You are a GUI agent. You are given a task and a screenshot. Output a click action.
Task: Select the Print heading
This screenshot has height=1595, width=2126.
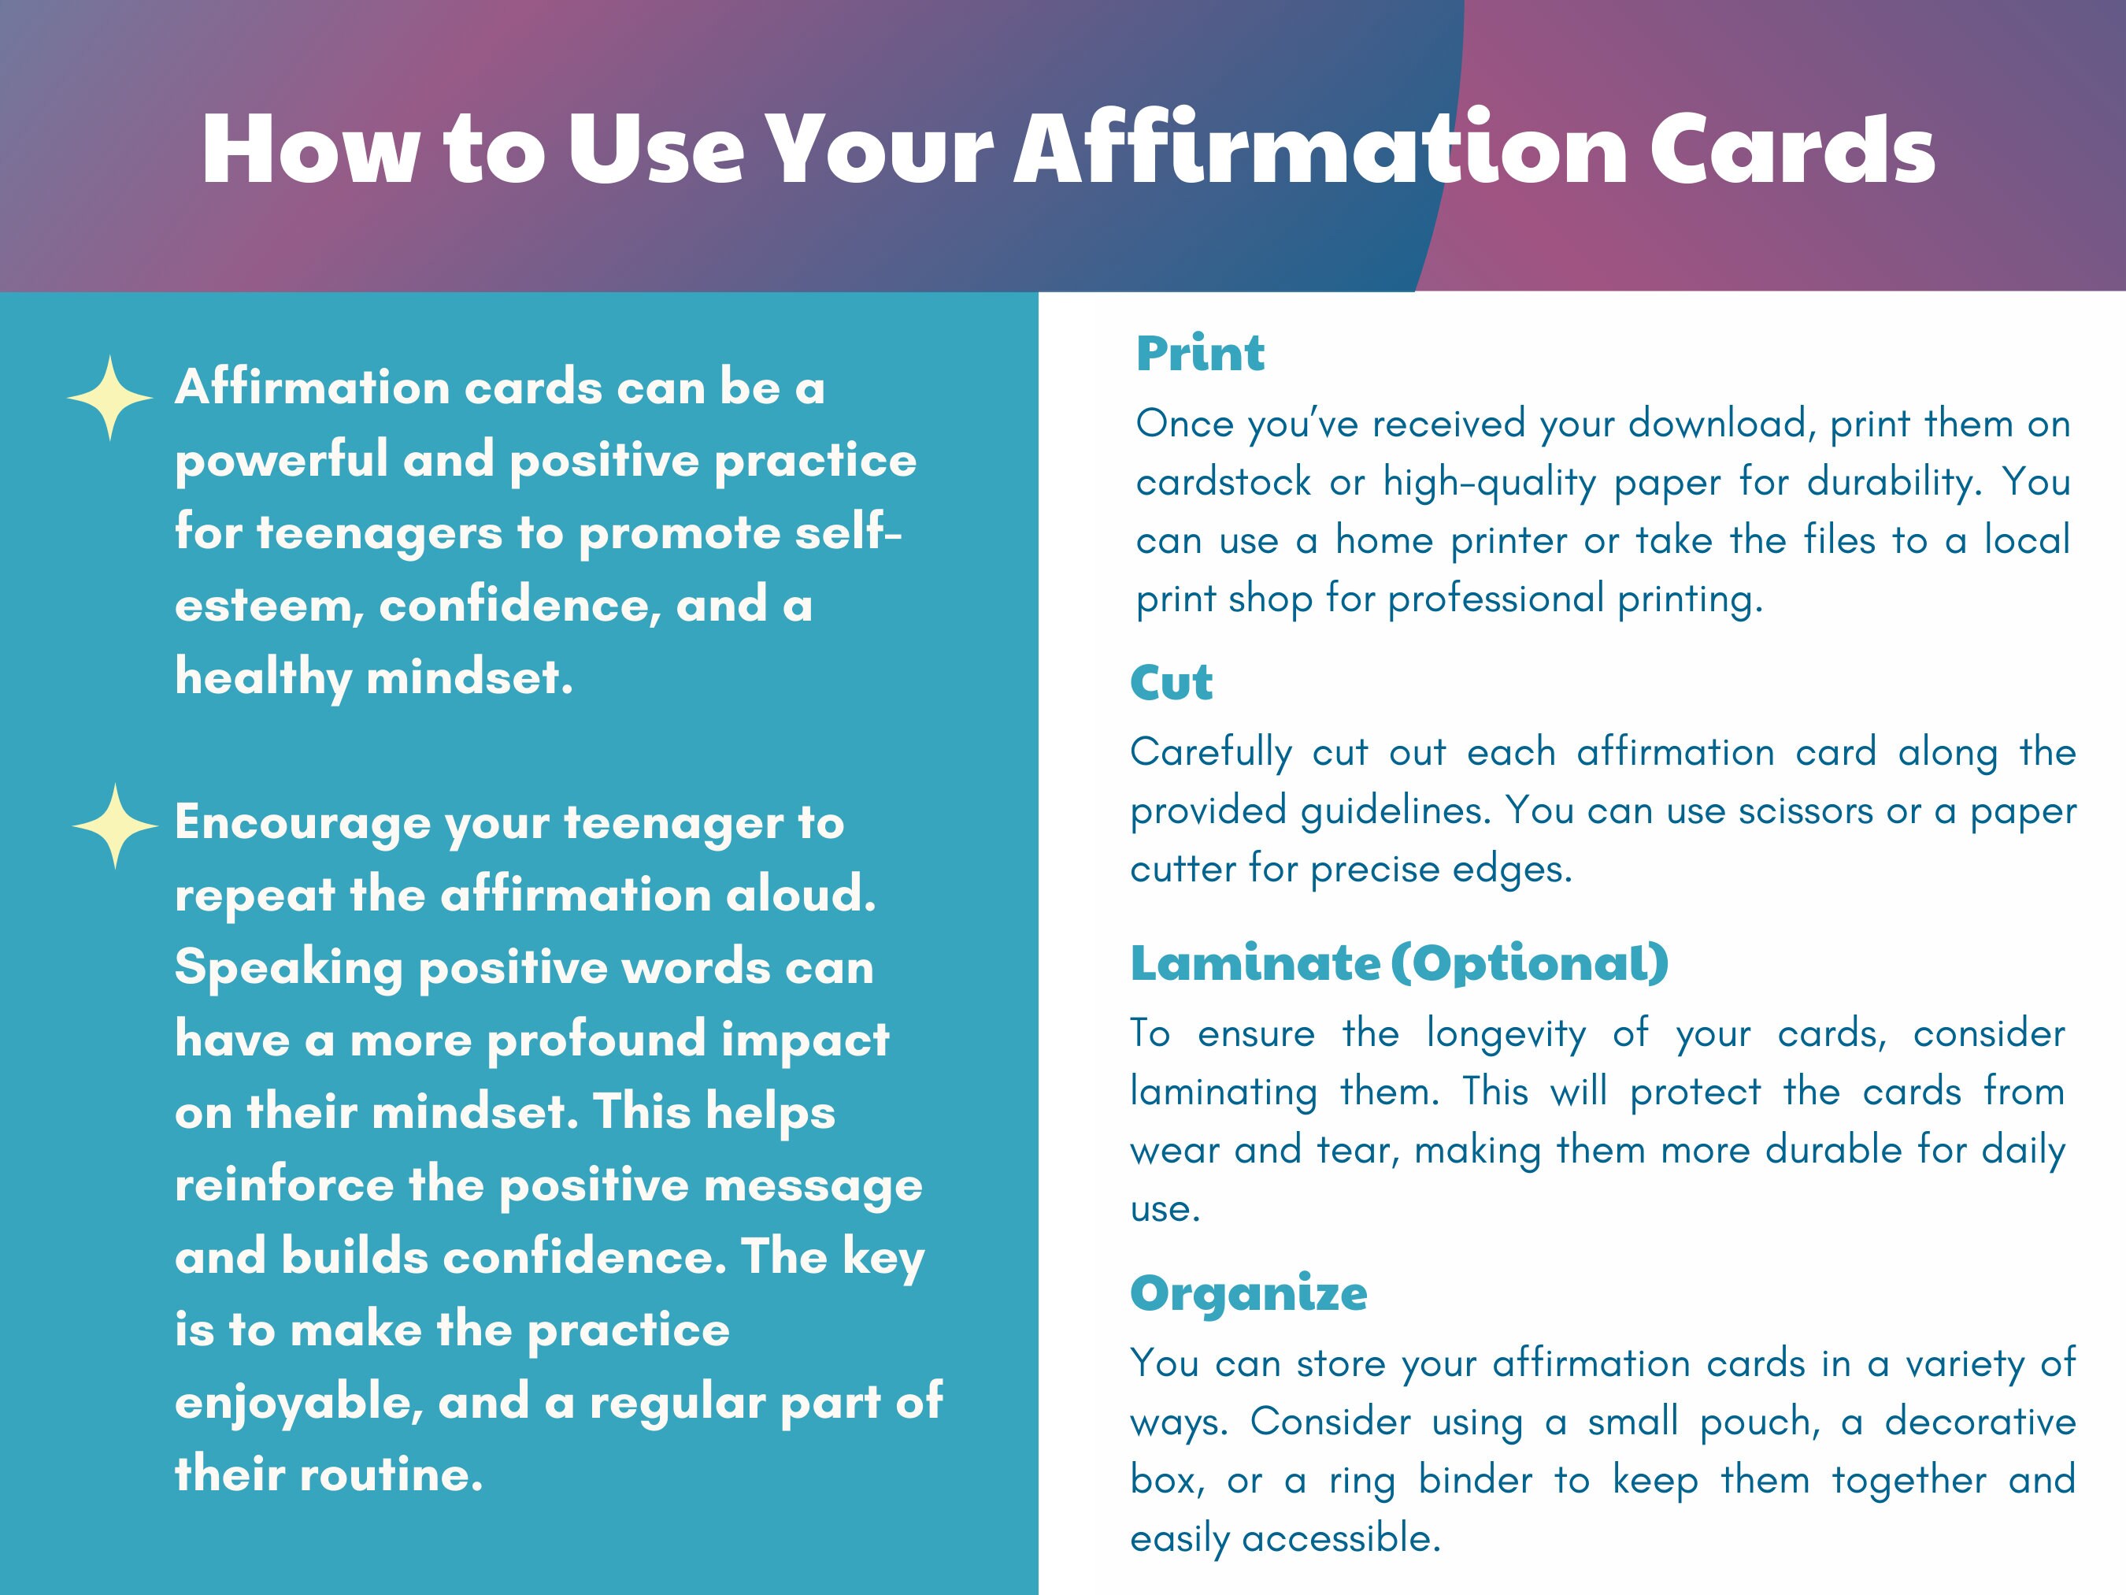(1199, 353)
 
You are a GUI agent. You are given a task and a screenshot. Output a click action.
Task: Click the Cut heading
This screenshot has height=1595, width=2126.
(1171, 683)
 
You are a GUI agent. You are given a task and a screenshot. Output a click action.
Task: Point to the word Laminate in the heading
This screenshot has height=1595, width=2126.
(1255, 963)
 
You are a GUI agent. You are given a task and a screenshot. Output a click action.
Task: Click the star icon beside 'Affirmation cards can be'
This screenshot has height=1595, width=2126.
(109, 398)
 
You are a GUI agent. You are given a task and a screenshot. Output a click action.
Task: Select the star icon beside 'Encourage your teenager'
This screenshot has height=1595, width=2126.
(114, 826)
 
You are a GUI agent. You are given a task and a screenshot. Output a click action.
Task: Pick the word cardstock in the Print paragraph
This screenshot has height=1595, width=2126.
(1223, 482)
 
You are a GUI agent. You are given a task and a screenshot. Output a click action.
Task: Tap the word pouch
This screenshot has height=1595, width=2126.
(1759, 1421)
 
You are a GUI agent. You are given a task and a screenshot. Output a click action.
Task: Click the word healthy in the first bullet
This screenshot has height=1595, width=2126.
(262, 678)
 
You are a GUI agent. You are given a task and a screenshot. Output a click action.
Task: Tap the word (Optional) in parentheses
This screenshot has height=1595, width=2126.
(1530, 963)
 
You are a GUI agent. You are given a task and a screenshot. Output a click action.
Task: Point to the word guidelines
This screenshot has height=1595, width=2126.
(1394, 810)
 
